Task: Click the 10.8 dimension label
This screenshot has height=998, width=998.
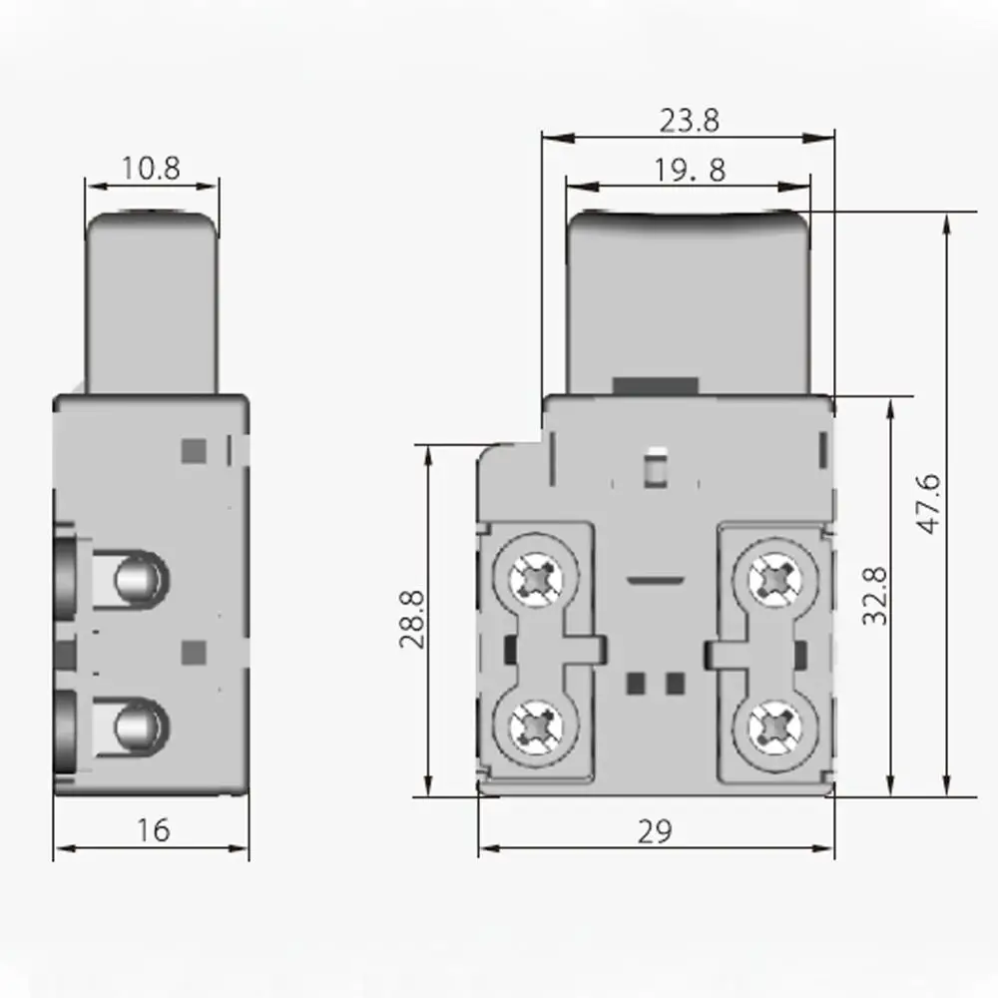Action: (151, 168)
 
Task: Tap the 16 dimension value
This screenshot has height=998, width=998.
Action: (153, 829)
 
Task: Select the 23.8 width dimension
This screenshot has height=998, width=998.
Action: (689, 121)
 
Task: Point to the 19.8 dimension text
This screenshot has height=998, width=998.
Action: (690, 171)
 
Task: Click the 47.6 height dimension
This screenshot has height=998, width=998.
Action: (928, 504)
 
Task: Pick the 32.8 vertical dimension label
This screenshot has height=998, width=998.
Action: (875, 597)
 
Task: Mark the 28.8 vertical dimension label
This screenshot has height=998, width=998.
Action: (412, 619)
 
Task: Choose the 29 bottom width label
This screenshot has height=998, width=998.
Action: (656, 829)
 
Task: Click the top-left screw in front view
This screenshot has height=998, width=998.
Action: (541, 577)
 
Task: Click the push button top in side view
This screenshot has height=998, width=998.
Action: (152, 299)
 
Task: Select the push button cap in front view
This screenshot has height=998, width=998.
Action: (688, 299)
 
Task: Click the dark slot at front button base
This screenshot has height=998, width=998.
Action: (656, 386)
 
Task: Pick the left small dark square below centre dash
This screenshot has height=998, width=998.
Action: (634, 683)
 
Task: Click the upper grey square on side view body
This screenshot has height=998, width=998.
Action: (193, 451)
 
